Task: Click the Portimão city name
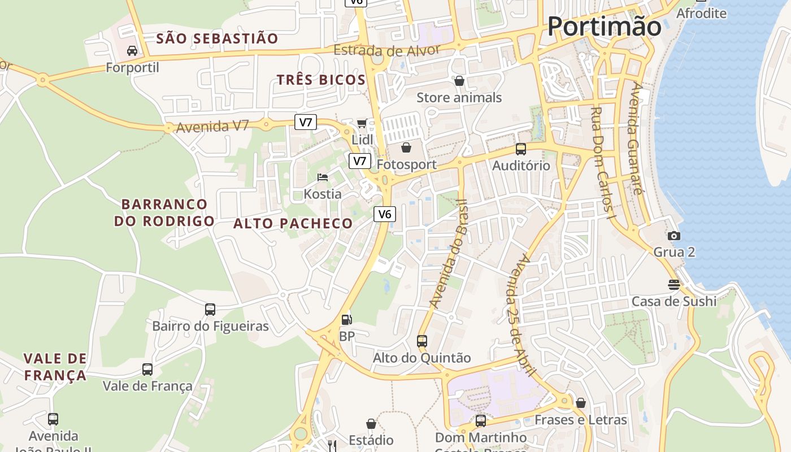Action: (x=604, y=27)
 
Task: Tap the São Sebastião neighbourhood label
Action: (x=218, y=38)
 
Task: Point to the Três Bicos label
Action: (x=321, y=80)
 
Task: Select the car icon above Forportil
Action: (x=132, y=51)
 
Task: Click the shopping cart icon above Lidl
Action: (x=362, y=123)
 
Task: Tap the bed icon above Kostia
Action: (x=323, y=177)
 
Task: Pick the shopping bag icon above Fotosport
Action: (x=406, y=148)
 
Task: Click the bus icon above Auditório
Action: (x=521, y=149)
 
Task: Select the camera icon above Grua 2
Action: (x=674, y=236)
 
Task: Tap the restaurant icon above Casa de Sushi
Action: (x=674, y=284)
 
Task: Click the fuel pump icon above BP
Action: (x=346, y=320)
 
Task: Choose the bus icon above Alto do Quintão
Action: (x=422, y=341)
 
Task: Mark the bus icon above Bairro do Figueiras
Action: (x=210, y=310)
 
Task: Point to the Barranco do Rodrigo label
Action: (x=164, y=212)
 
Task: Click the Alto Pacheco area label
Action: (x=293, y=224)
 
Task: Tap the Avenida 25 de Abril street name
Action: (x=521, y=314)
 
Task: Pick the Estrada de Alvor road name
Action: (x=386, y=51)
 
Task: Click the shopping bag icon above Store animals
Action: (x=459, y=81)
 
